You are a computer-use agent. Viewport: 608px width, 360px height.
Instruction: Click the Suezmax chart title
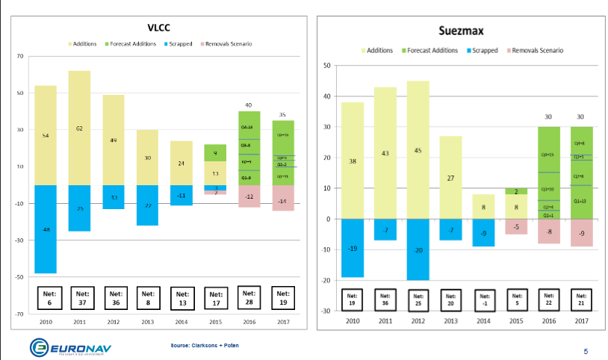465,32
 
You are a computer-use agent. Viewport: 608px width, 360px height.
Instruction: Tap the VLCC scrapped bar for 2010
46,229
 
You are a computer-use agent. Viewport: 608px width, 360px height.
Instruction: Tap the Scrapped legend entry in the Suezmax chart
483,50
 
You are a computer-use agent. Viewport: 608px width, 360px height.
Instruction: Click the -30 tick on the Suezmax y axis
326,311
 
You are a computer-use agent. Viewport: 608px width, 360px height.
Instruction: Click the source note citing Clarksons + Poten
205,346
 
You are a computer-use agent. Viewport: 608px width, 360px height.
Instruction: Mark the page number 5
585,350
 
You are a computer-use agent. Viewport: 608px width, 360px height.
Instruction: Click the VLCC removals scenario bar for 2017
283,198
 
